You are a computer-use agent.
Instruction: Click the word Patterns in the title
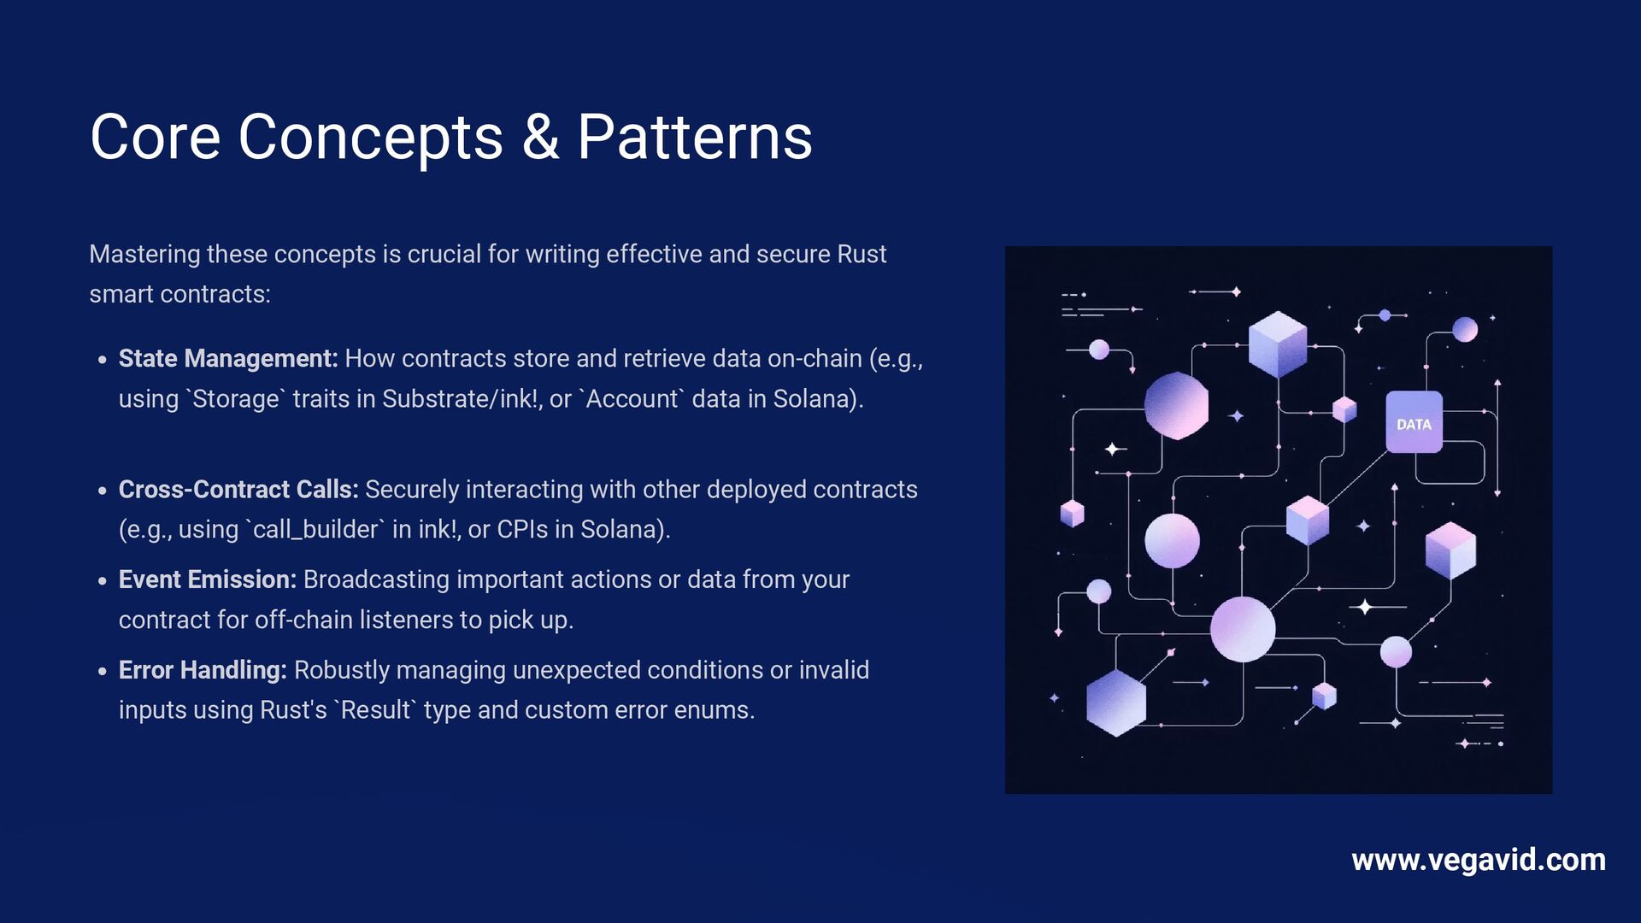tap(694, 138)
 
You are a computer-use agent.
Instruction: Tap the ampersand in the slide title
tap(540, 138)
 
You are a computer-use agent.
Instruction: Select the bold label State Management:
tap(228, 359)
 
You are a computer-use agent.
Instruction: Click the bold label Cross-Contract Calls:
tap(238, 490)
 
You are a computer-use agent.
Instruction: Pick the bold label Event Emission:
tap(208, 580)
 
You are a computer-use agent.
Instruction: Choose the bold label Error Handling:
tap(203, 671)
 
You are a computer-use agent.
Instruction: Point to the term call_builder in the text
tap(315, 530)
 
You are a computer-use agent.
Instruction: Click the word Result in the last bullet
tap(375, 710)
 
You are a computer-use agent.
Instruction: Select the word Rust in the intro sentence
tap(862, 255)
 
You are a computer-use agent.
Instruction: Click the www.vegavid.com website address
tap(1478, 860)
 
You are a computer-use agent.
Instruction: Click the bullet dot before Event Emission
tap(103, 581)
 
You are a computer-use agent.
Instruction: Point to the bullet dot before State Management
tap(103, 360)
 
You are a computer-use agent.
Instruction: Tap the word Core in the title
tap(155, 138)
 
